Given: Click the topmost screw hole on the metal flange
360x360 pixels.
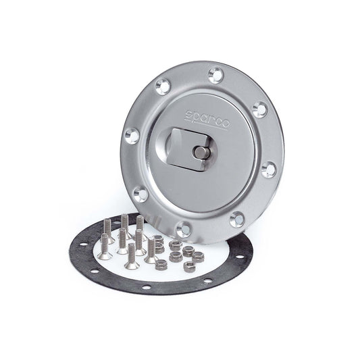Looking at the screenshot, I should click(x=216, y=72).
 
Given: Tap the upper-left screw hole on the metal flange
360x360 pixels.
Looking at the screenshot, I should click(x=162, y=86).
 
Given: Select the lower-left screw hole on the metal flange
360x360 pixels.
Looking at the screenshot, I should click(x=140, y=194).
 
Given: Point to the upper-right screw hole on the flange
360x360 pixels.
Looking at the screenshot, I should click(x=259, y=108).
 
